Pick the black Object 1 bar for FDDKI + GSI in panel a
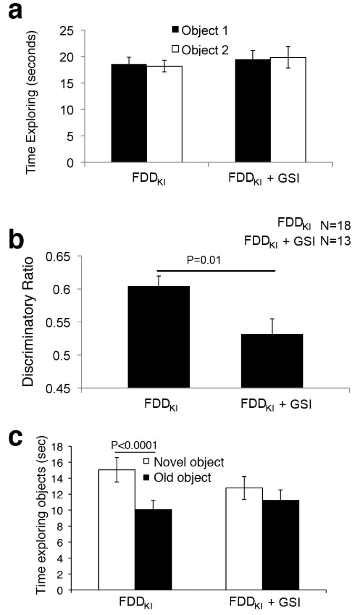pyautogui.click(x=253, y=110)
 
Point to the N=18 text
pyautogui.click(x=335, y=226)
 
